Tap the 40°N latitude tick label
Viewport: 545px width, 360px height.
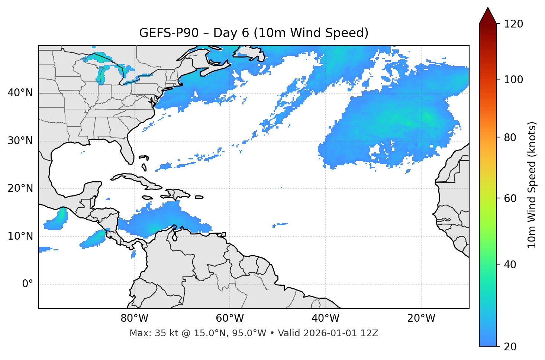(x=20, y=93)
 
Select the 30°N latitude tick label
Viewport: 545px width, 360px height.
(x=20, y=141)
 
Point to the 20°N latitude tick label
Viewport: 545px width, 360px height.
(x=20, y=188)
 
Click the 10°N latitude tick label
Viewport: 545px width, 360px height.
(x=20, y=236)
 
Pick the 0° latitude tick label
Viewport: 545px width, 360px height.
(x=27, y=284)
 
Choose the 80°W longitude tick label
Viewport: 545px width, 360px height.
(x=134, y=318)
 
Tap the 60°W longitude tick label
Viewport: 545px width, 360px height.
(x=230, y=318)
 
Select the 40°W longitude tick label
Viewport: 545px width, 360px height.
(x=325, y=318)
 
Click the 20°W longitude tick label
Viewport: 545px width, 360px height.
(x=421, y=318)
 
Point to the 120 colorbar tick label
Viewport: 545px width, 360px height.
(x=513, y=24)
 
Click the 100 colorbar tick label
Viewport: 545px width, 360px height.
(x=513, y=80)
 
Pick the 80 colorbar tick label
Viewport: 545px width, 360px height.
(x=510, y=137)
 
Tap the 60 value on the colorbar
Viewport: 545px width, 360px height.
(x=510, y=198)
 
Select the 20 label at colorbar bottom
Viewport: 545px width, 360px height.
(x=510, y=347)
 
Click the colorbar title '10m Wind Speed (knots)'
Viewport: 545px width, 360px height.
(x=532, y=185)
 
